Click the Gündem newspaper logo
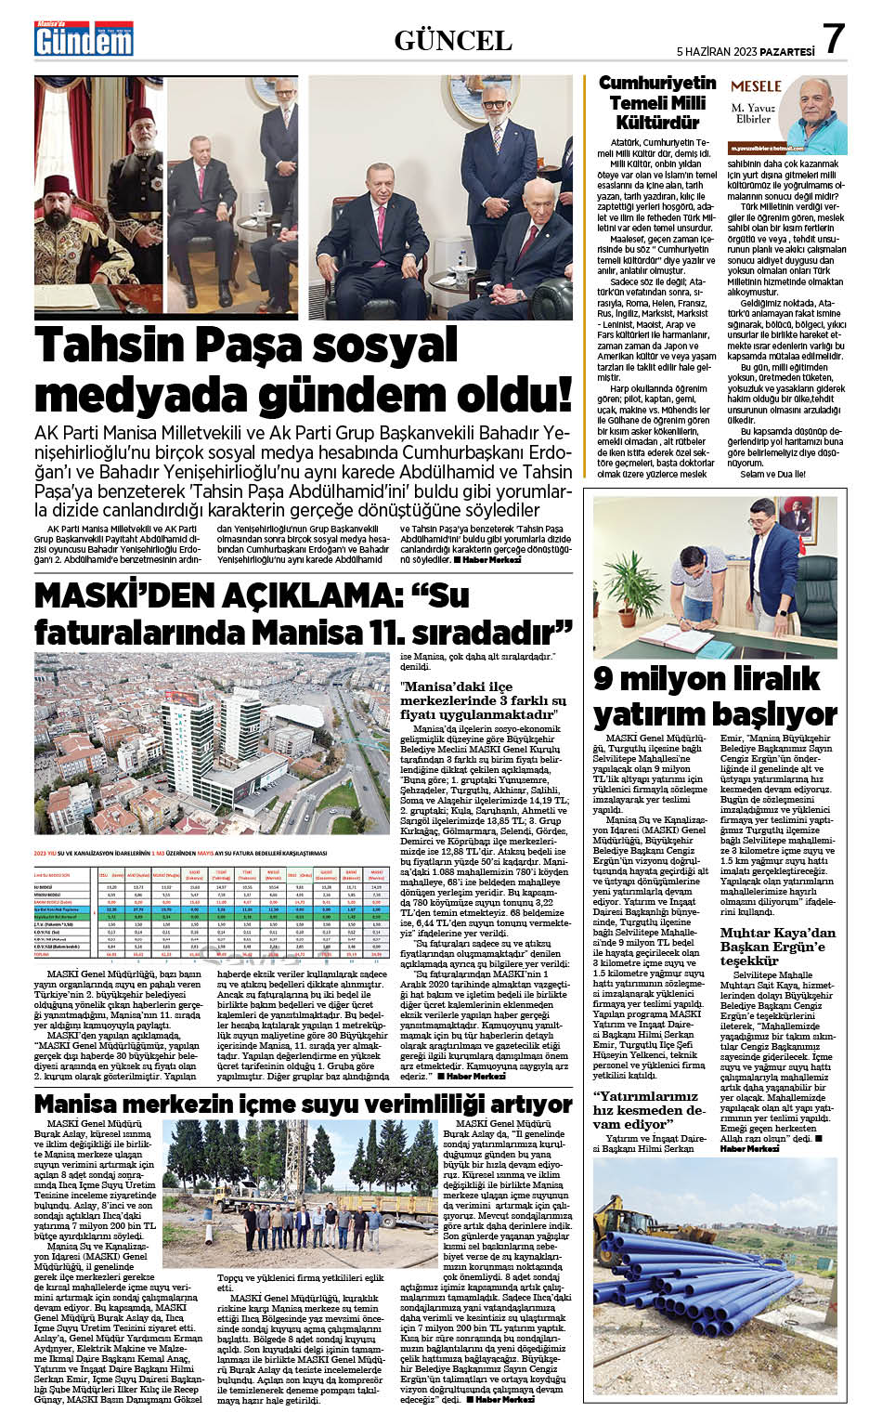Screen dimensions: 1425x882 (84, 40)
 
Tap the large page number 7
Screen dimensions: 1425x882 (834, 40)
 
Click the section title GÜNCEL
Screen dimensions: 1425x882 (453, 41)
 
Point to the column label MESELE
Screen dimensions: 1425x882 (756, 86)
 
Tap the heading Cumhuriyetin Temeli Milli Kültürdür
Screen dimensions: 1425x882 (656, 102)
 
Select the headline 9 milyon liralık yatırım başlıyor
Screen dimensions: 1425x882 (715, 696)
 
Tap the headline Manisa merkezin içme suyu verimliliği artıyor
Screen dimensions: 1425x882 (303, 1104)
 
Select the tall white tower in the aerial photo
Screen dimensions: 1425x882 (193, 743)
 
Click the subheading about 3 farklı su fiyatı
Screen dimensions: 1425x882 (483, 700)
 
